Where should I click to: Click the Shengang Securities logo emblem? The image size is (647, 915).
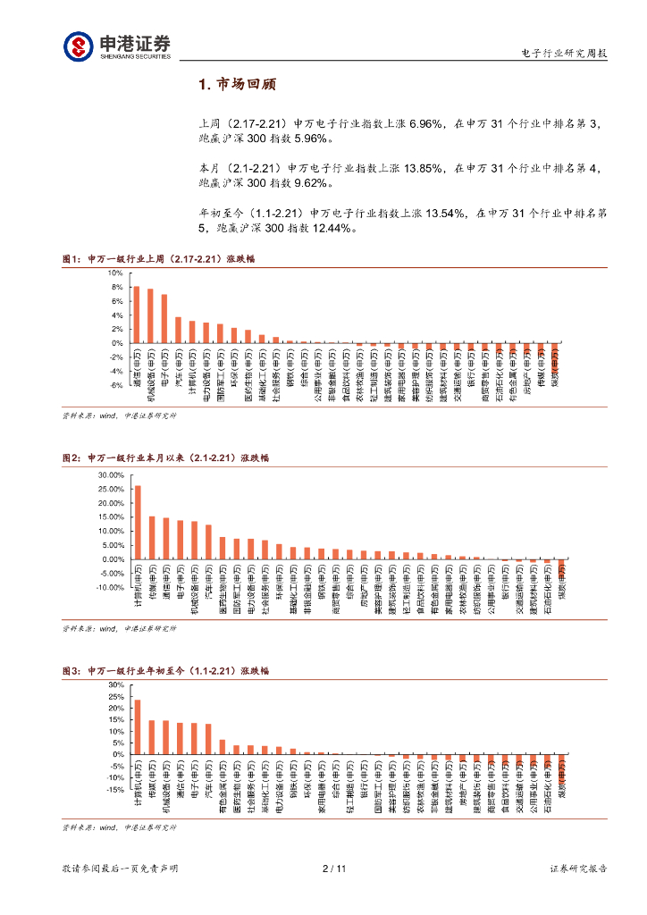[x=78, y=46]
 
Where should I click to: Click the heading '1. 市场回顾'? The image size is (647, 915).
[x=237, y=84]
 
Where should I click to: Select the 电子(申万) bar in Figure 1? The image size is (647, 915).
[x=164, y=318]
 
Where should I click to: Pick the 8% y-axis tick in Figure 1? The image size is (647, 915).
[x=116, y=287]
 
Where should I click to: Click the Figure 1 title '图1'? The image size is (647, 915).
[x=71, y=259]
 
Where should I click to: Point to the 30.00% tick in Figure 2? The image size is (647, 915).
[x=110, y=475]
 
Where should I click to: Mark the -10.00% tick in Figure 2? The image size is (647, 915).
[x=108, y=588]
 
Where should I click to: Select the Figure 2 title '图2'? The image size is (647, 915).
[x=71, y=457]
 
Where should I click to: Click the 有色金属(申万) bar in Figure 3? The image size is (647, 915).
[x=223, y=747]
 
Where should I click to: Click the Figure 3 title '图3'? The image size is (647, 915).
[x=71, y=669]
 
